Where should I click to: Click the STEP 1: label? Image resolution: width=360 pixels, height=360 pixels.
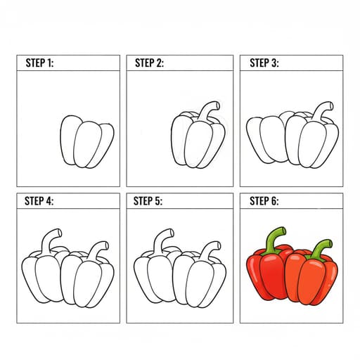39,63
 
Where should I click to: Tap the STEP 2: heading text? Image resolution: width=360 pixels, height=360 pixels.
149,63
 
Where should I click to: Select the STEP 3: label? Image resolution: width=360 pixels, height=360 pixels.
264,63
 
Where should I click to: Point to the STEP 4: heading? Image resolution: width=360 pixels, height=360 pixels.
39,201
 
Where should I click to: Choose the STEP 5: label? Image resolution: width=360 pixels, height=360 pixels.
148,201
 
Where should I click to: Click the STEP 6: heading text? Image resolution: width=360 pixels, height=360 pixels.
264,201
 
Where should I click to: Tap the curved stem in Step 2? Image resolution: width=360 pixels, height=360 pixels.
206,110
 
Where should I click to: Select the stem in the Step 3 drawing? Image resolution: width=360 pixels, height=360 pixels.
321,110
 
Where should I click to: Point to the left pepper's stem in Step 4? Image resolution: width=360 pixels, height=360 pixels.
48,239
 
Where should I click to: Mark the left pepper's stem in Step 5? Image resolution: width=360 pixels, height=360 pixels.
160,239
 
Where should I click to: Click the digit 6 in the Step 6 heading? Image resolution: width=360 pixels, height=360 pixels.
274,201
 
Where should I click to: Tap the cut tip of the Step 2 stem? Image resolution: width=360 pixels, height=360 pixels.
218,105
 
